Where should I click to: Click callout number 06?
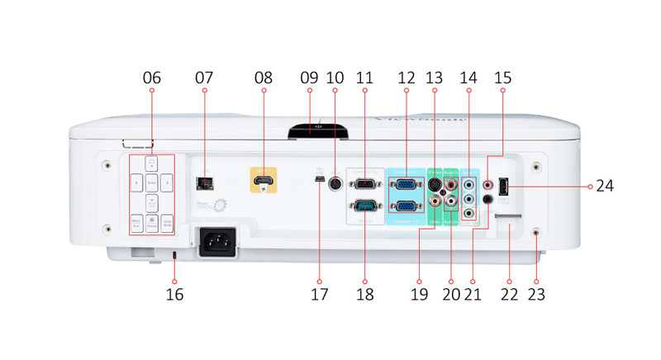tap(152, 78)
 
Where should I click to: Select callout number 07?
tap(203, 78)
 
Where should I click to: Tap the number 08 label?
tap(264, 78)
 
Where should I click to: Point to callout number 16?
tap(174, 294)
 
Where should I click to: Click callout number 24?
tap(606, 187)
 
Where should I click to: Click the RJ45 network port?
tap(203, 182)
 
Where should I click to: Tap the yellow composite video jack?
tap(435, 201)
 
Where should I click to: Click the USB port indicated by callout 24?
tap(505, 187)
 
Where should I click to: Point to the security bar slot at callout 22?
tap(507, 220)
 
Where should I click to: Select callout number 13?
tap(435, 78)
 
